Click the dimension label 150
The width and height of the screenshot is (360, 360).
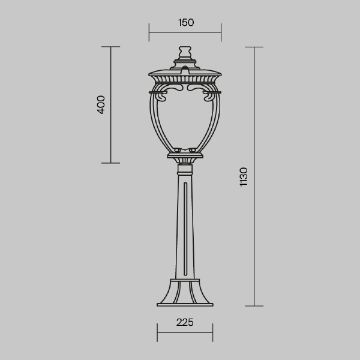click(185, 23)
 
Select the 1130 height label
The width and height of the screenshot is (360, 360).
click(243, 176)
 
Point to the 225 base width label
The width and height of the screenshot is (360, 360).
click(185, 322)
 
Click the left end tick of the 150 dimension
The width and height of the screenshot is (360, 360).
click(149, 32)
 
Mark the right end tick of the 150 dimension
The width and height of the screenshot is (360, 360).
click(221, 32)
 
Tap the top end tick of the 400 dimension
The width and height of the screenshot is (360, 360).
click(111, 47)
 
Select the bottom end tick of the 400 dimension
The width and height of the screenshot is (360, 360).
click(111, 163)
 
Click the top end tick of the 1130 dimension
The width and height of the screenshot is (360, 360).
click(254, 47)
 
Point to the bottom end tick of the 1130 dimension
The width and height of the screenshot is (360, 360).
click(254, 306)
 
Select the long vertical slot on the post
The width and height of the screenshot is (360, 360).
click(185, 228)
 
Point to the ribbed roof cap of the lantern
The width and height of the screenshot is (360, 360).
click(185, 76)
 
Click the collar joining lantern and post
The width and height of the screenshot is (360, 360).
click(185, 158)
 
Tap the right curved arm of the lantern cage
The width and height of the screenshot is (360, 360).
click(214, 120)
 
